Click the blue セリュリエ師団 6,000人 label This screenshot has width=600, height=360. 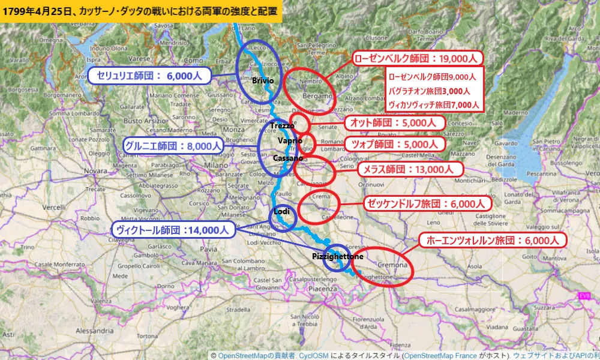[x=149, y=75]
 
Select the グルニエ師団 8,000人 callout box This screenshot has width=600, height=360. [x=173, y=145]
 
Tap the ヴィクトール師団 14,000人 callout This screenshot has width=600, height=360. [x=173, y=229]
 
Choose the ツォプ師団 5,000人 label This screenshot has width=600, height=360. [x=395, y=144]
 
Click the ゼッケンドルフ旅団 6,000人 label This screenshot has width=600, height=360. [x=428, y=203]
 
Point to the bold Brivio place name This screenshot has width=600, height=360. [x=263, y=80]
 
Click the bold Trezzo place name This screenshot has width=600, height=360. [x=282, y=125]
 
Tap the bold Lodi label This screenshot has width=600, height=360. [x=281, y=212]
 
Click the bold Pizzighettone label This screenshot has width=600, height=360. [x=337, y=256]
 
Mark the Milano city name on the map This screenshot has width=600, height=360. [x=213, y=165]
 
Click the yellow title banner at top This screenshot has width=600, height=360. [x=141, y=11]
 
